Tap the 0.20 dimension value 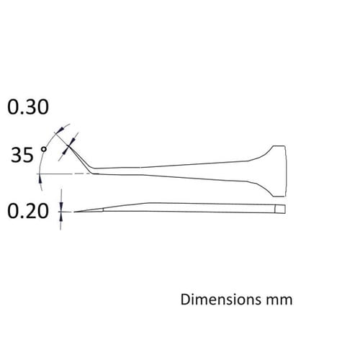click(x=27, y=211)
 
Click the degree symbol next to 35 click(x=45, y=149)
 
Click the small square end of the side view click(x=279, y=209)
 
